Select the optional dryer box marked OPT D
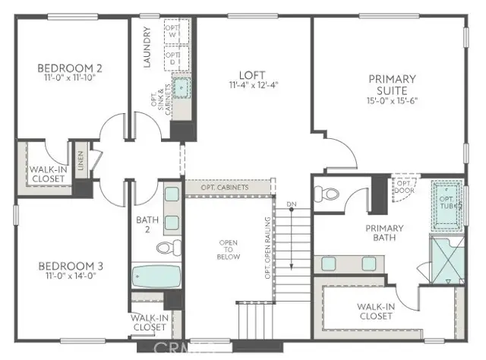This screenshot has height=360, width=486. click(x=173, y=58)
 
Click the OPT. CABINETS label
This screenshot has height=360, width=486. click(x=227, y=188)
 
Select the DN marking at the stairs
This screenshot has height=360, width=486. click(x=291, y=204)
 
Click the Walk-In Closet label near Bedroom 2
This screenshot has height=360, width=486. click(x=49, y=175)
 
